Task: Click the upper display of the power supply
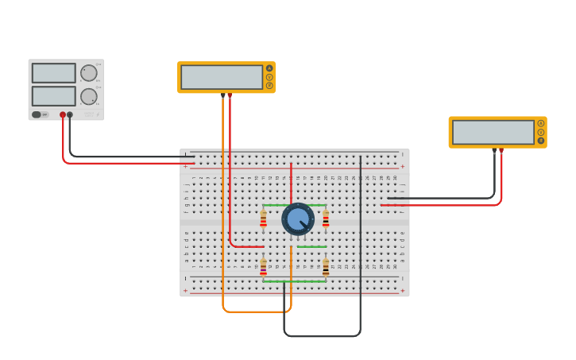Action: (54, 73)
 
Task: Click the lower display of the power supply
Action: (54, 96)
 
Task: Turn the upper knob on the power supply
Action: (89, 73)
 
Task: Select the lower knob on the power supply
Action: (89, 96)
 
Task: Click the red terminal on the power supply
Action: (63, 114)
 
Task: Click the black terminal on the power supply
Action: (70, 114)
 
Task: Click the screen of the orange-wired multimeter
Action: (222, 77)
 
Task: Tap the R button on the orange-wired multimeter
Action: (269, 85)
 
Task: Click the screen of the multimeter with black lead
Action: (493, 132)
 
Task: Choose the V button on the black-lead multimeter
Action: (541, 132)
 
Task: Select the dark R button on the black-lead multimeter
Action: (541, 141)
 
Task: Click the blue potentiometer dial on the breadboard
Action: (298, 219)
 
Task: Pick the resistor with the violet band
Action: (263, 268)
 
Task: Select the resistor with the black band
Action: (326, 267)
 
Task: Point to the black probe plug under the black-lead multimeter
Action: (494, 149)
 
